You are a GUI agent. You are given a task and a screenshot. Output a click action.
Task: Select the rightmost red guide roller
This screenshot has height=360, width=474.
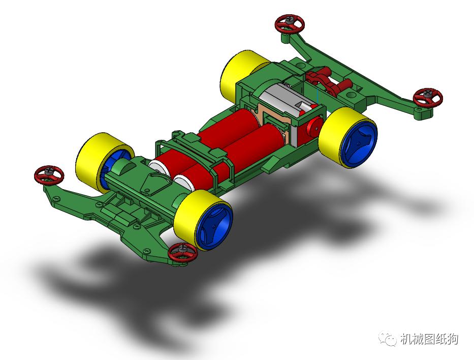427,97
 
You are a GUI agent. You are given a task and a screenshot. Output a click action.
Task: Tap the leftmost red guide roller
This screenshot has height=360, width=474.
49,175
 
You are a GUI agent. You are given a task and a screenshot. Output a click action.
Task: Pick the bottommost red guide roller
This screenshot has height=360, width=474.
182,252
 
